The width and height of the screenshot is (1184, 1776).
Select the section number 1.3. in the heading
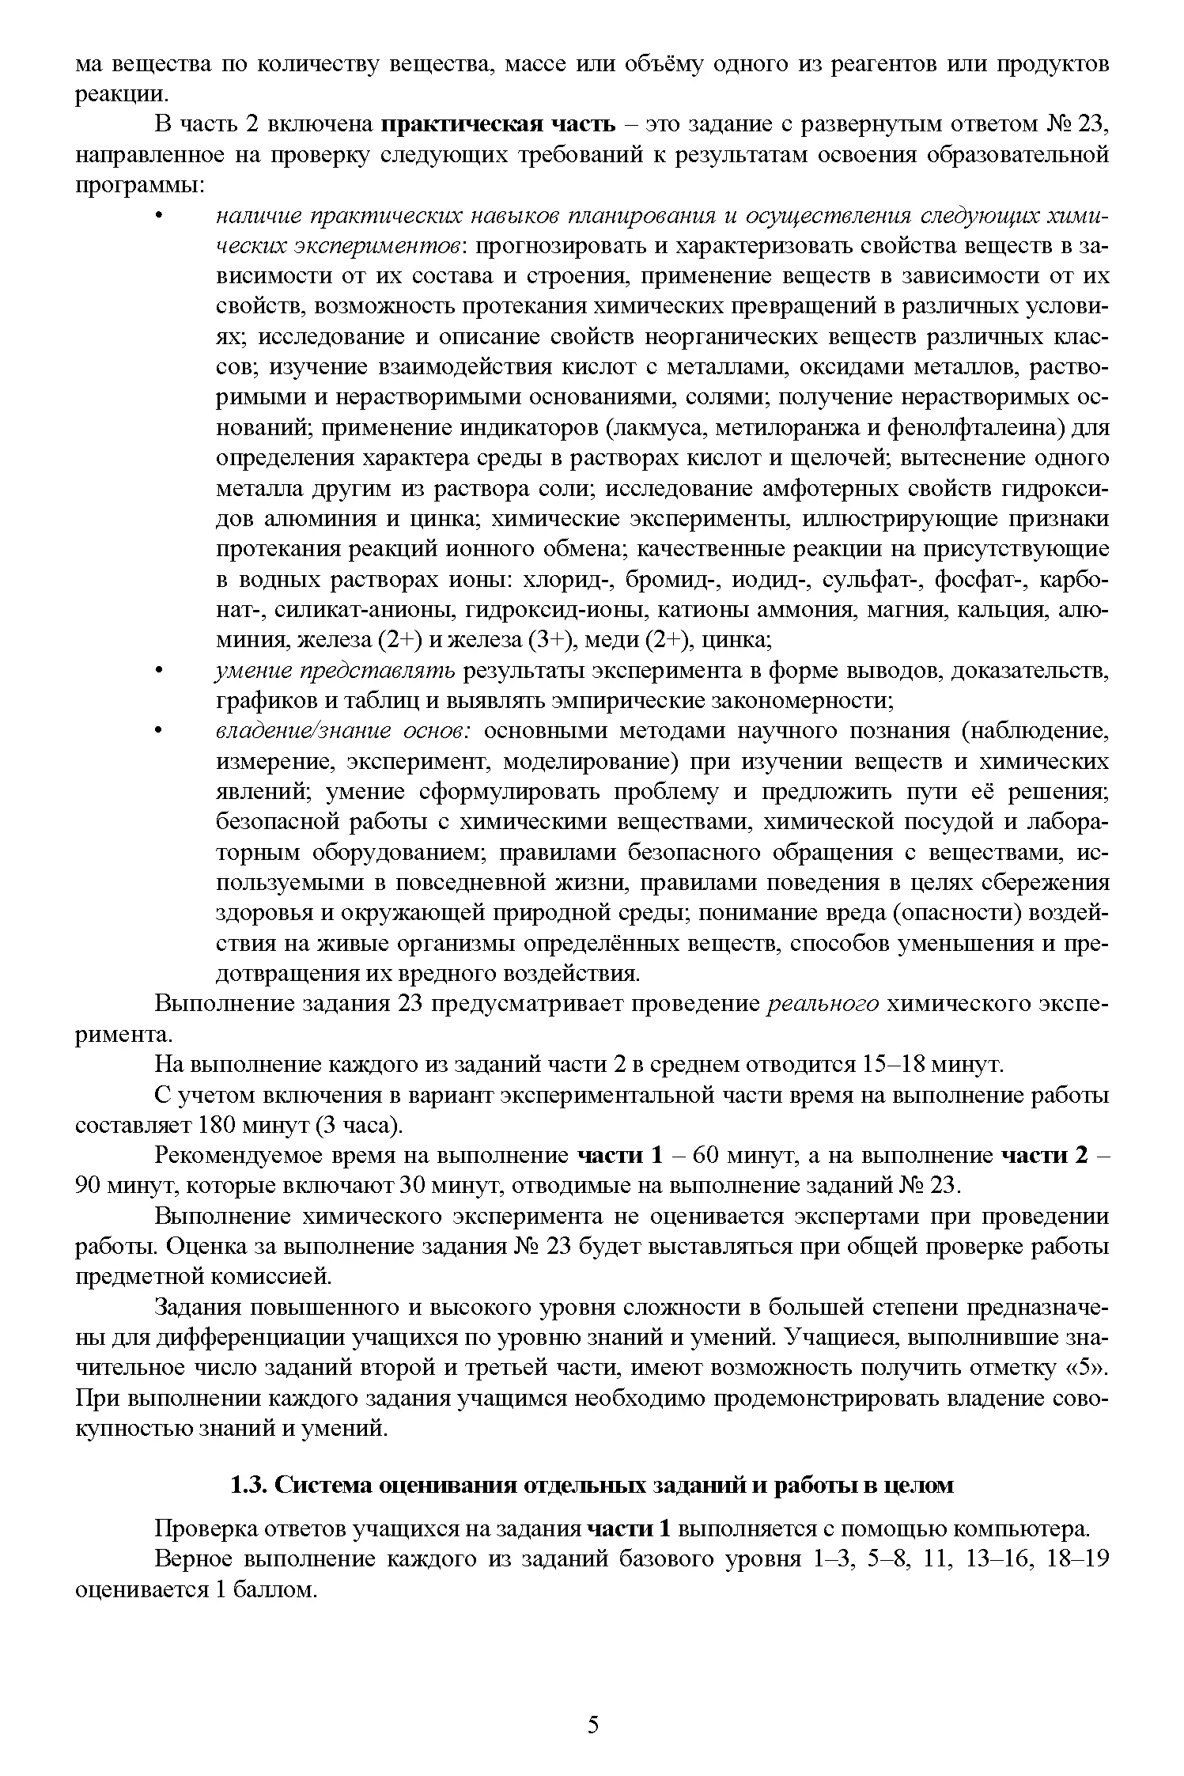click(248, 1486)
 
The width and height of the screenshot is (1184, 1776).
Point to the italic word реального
click(823, 1004)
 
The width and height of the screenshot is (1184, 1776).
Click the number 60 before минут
click(705, 1156)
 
